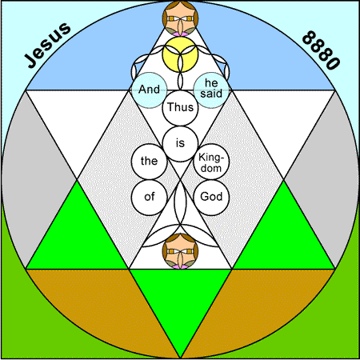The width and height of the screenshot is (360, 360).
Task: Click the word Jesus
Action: (x=47, y=46)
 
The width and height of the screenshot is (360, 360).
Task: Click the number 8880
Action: (x=322, y=50)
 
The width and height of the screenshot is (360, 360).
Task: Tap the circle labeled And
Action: (x=149, y=90)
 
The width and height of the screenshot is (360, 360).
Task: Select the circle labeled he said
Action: (x=211, y=90)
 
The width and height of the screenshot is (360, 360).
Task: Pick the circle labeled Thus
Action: (x=180, y=108)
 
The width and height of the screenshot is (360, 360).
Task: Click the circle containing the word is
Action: (x=180, y=144)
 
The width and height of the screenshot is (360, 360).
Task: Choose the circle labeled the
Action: (x=149, y=162)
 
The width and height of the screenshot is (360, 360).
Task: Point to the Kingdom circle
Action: (x=211, y=162)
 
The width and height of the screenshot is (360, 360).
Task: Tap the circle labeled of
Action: (x=149, y=198)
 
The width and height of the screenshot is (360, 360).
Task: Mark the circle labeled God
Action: (x=211, y=198)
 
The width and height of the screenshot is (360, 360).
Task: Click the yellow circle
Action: (x=180, y=54)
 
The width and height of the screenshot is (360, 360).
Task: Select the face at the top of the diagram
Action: (x=180, y=18)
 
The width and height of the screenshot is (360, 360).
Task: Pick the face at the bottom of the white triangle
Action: (x=180, y=251)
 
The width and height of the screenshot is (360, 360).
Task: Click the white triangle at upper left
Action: (x=78, y=120)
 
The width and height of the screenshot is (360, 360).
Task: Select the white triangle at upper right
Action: (x=283, y=120)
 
